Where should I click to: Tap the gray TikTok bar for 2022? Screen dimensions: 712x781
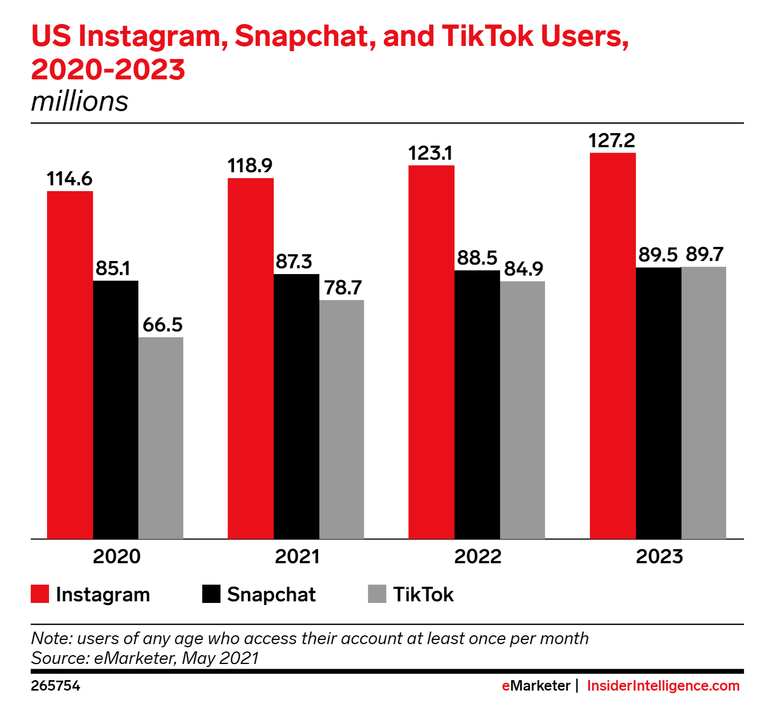click(522, 410)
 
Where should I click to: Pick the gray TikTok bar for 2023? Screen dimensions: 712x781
click(703, 402)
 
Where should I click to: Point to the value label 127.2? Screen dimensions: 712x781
click(612, 141)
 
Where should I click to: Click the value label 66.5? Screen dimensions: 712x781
click(162, 325)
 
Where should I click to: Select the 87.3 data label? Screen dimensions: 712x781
click(294, 262)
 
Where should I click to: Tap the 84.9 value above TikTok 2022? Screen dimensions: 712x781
click(524, 269)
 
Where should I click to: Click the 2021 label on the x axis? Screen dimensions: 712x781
click(297, 556)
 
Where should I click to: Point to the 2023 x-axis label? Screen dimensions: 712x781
click(659, 556)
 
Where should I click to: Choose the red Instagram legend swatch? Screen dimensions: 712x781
click(40, 594)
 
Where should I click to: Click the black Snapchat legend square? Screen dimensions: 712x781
click(211, 594)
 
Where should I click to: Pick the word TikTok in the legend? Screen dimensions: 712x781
click(423, 595)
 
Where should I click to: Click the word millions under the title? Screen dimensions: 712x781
click(79, 101)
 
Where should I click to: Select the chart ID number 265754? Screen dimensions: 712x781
click(55, 686)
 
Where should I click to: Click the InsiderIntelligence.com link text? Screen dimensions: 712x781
click(663, 686)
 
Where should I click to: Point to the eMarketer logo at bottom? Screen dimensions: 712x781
click(536, 686)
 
